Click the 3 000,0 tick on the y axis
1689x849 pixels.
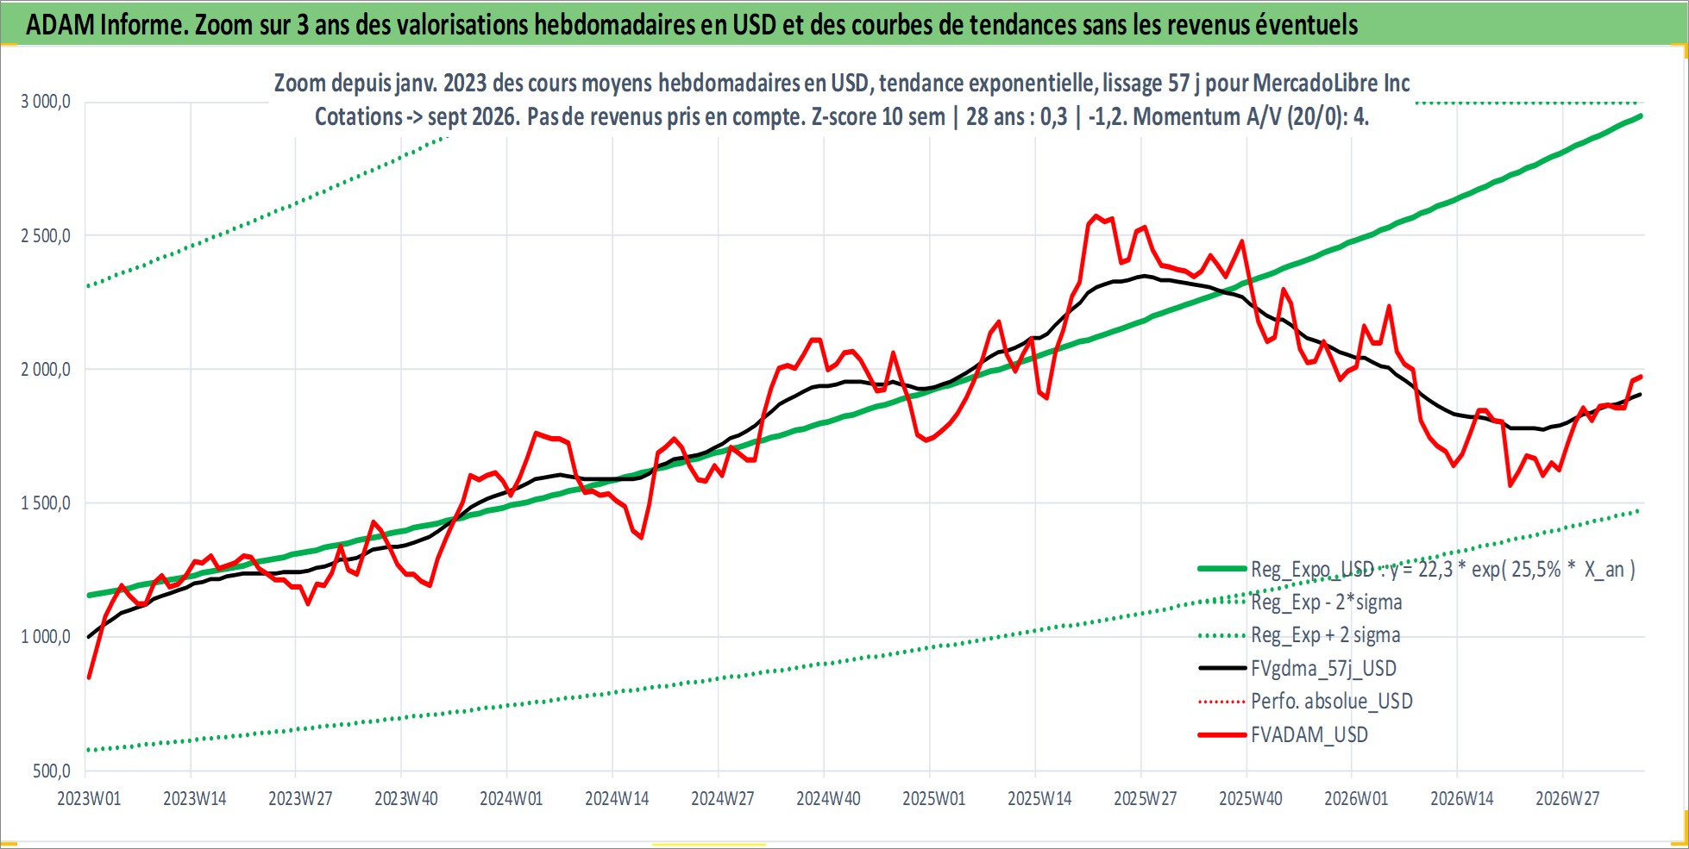(46, 102)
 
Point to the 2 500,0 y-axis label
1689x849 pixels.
(46, 235)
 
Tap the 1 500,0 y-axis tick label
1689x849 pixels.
(46, 503)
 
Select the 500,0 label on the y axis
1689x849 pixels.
(53, 771)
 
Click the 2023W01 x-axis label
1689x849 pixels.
(89, 799)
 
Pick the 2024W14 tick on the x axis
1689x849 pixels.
(617, 799)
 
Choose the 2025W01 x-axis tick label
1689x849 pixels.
(934, 799)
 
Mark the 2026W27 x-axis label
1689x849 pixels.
(1567, 799)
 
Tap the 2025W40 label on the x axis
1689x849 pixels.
(1251, 799)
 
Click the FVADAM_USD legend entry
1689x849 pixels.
(1309, 735)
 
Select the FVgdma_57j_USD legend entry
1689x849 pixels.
(1323, 669)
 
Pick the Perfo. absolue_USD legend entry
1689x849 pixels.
(1332, 702)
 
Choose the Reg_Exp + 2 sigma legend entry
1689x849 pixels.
(1326, 636)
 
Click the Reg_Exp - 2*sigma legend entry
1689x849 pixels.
(1327, 602)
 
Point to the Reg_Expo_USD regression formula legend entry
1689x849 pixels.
(1443, 570)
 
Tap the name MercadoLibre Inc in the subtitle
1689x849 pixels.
(1331, 84)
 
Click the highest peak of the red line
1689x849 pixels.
(1096, 215)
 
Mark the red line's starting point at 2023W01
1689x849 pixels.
(89, 677)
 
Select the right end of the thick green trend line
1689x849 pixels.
(1640, 115)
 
